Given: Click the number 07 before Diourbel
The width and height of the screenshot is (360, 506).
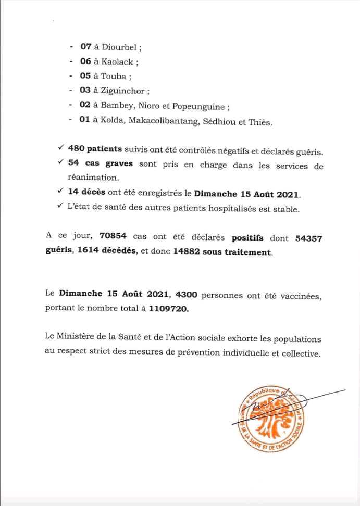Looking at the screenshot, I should point(86,47).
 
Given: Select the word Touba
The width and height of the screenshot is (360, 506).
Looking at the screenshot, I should point(113,76).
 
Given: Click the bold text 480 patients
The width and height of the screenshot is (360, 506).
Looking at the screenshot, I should point(94,151).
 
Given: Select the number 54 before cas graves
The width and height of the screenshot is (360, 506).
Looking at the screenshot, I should point(73,165).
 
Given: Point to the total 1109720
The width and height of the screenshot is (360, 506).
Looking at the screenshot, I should point(169,308).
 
